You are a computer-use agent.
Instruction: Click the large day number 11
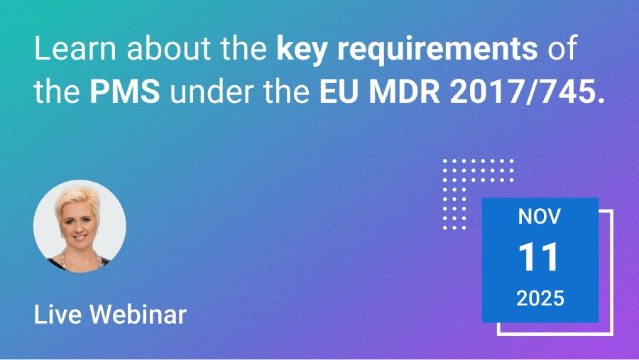point(540,258)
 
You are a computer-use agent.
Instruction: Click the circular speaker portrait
point(80,226)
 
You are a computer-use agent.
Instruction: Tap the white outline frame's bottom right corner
point(612,334)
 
